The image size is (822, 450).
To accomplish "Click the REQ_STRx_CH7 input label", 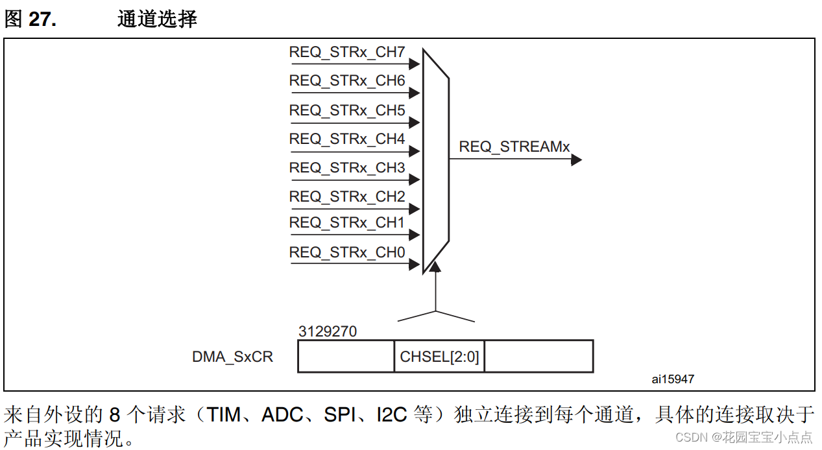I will [x=347, y=53].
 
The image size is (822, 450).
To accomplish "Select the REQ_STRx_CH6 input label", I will [x=347, y=81].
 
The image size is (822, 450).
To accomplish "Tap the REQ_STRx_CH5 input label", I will [x=347, y=111].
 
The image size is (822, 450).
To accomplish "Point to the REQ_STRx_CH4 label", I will [x=347, y=139].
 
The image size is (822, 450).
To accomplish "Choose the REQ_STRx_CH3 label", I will [x=347, y=168].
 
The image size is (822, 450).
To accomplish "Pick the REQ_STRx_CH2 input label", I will [x=347, y=196].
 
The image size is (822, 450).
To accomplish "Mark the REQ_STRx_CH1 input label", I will [x=347, y=223].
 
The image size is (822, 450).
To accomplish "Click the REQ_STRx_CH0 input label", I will [x=347, y=253].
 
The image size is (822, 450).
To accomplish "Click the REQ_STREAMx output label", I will [x=514, y=147].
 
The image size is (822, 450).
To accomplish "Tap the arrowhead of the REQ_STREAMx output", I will [x=576, y=160].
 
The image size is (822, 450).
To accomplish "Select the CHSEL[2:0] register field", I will [x=439, y=357].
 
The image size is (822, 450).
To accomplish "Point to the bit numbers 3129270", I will [x=328, y=332].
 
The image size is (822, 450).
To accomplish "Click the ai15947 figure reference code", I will [x=672, y=379].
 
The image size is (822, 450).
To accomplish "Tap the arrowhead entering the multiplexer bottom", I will [x=435, y=266].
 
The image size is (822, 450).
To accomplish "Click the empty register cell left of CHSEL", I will [x=346, y=357].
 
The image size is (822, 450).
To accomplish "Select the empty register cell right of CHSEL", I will [x=538, y=357].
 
